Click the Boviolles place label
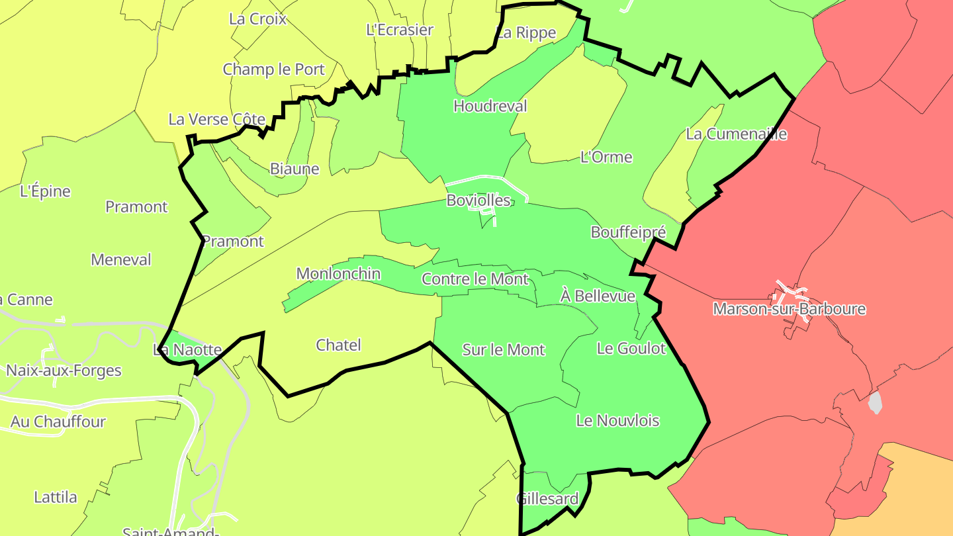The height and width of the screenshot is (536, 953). [478, 200]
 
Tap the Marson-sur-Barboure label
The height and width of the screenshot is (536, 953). [789, 309]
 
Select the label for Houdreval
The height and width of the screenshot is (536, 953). [490, 106]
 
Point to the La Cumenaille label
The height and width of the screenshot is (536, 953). [737, 134]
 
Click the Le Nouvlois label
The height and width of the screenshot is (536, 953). [617, 420]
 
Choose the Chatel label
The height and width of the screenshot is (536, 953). [338, 345]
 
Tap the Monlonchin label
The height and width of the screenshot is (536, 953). [338, 273]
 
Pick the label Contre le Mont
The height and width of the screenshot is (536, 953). [475, 279]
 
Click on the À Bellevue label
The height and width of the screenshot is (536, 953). [598, 296]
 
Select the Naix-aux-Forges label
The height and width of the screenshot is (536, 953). [64, 370]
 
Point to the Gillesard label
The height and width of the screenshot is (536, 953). [547, 498]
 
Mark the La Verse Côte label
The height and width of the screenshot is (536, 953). [216, 119]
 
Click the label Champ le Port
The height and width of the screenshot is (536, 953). [273, 69]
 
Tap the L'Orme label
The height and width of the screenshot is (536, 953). [606, 157]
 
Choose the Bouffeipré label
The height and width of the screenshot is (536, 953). [628, 232]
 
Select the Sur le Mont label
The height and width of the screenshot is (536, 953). [503, 349]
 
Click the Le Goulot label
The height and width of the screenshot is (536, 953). [631, 348]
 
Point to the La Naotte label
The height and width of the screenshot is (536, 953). [187, 349]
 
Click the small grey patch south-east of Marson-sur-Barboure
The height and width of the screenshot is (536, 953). [875, 402]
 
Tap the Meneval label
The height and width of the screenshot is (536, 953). [121, 259]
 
